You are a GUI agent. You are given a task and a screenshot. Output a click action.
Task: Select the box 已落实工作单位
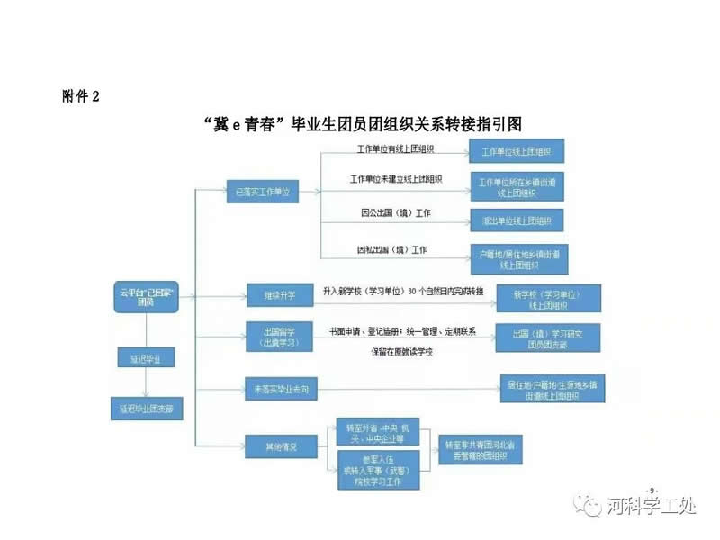pyautogui.click(x=262, y=192)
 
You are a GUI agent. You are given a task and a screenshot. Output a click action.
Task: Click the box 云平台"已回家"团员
pyautogui.click(x=145, y=296)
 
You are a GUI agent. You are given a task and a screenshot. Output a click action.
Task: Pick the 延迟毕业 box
pyautogui.click(x=146, y=357)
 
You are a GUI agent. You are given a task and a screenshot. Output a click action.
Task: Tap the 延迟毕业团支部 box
pyautogui.click(x=146, y=408)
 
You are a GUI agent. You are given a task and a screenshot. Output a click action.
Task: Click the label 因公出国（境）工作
pyautogui.click(x=394, y=213)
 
